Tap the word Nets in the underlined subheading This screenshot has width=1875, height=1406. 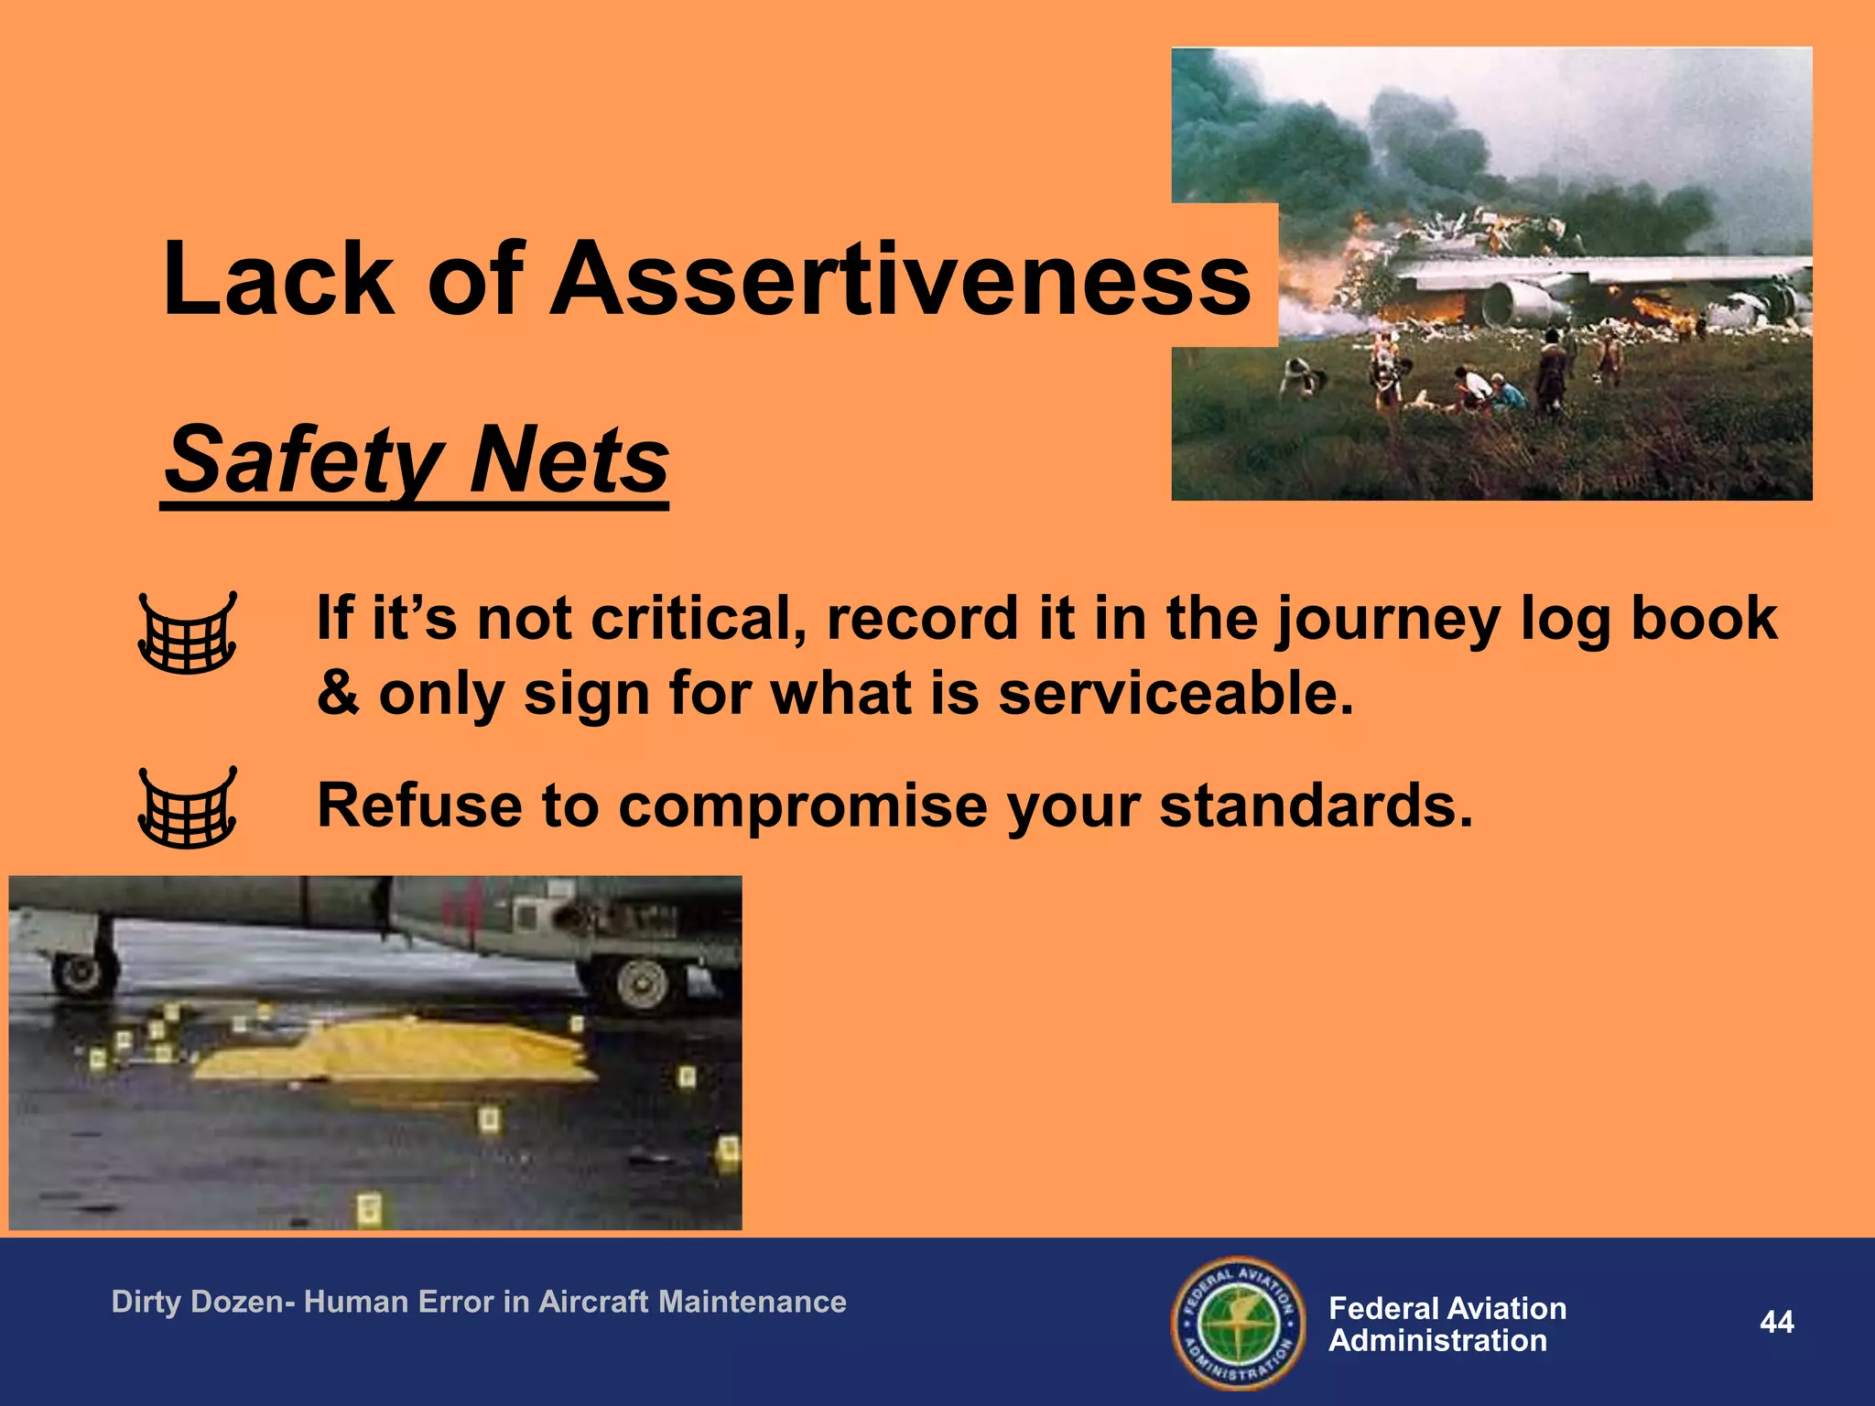point(569,460)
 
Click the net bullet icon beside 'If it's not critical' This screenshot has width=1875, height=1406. point(187,633)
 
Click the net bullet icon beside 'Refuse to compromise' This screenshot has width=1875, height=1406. point(187,807)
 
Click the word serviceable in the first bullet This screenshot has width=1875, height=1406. point(1175,693)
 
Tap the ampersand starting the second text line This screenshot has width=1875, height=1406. point(338,693)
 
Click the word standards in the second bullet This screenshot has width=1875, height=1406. point(1316,806)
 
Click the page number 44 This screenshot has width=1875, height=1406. point(1776,1322)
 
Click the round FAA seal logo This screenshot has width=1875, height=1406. point(1238,1323)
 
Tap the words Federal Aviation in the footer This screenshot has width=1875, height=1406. point(1447,1308)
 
